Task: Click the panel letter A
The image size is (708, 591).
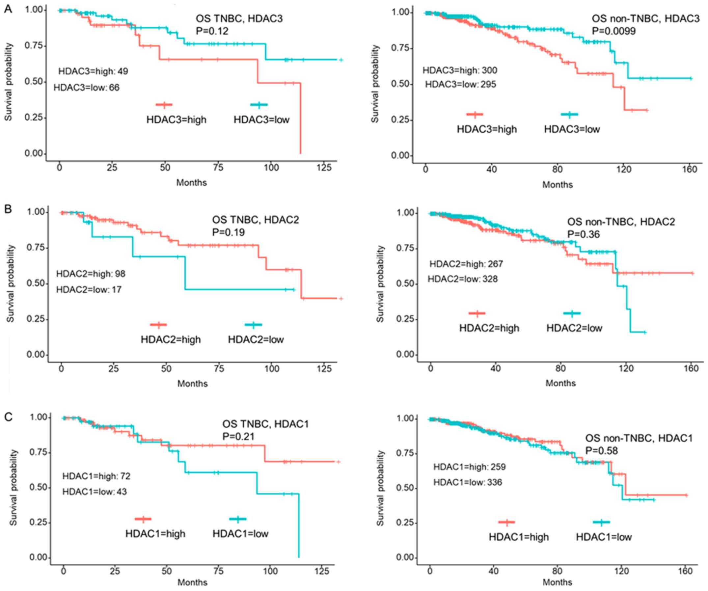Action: (x=8, y=9)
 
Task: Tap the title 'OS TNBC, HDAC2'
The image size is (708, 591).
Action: (x=255, y=220)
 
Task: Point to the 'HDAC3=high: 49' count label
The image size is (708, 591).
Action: (x=93, y=71)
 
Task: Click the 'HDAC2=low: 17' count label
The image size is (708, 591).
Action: (x=89, y=290)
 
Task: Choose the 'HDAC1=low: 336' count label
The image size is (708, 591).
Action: (x=468, y=482)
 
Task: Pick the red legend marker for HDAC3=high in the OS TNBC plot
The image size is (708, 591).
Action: (x=164, y=104)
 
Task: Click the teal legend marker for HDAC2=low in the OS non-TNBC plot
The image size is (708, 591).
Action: (x=572, y=313)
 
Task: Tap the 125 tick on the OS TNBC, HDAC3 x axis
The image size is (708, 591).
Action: (x=324, y=168)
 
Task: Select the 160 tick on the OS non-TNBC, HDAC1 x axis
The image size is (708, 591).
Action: (x=685, y=571)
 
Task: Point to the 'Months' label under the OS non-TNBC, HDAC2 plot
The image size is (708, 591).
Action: (x=561, y=383)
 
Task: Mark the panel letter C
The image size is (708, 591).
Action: (x=8, y=417)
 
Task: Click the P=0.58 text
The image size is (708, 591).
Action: (x=601, y=451)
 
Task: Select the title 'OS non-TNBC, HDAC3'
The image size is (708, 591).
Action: (x=646, y=18)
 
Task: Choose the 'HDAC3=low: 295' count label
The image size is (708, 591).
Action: (x=460, y=84)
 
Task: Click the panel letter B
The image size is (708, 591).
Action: (x=8, y=209)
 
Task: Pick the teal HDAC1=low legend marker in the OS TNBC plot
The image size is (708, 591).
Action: (x=238, y=519)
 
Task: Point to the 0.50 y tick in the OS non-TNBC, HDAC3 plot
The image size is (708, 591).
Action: (x=400, y=84)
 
